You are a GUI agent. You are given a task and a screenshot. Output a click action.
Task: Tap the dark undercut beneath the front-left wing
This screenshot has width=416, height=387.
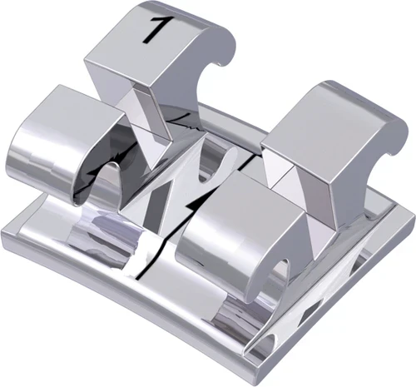[104, 179]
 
